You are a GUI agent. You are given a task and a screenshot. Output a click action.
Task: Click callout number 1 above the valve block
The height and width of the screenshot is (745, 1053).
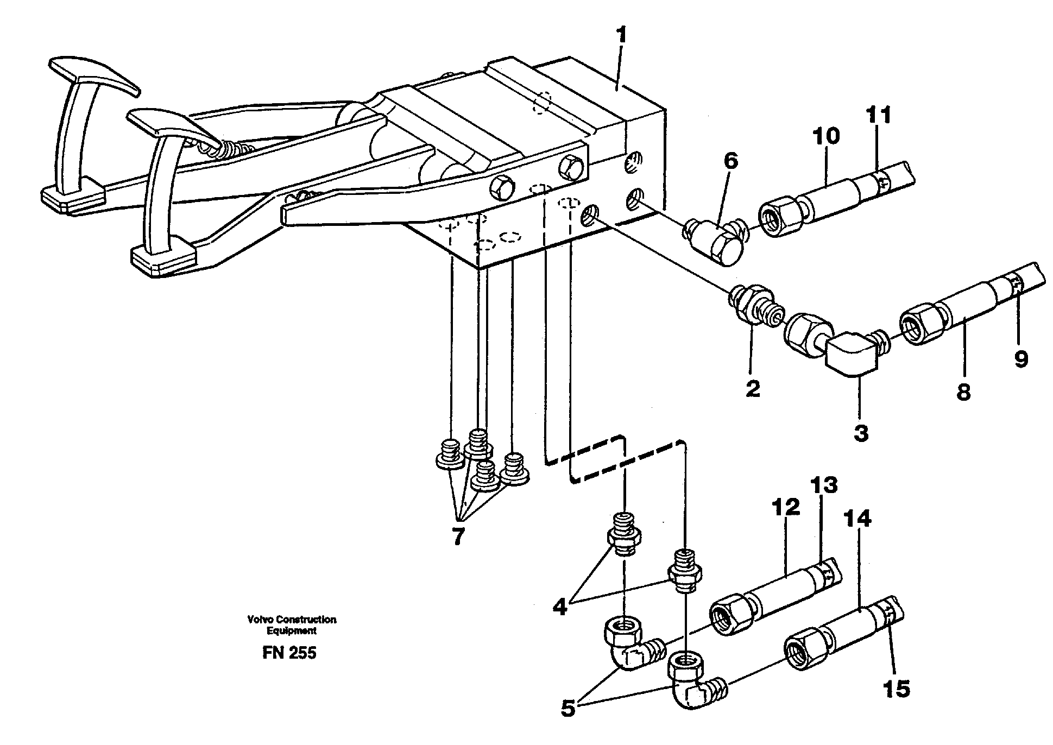(621, 37)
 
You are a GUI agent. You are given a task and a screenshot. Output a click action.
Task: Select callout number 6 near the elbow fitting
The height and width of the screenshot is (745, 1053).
(731, 162)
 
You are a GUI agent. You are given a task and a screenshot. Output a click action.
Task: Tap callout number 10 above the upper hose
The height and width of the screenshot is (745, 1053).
(825, 136)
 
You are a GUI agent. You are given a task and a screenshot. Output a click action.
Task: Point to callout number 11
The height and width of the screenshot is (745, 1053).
(878, 116)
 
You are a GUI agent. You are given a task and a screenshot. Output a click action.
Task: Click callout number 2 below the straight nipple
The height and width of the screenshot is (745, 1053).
(753, 389)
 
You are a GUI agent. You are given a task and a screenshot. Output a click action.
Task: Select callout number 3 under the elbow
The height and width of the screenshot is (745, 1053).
(861, 433)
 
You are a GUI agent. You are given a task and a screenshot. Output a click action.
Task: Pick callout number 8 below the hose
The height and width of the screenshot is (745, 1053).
(963, 392)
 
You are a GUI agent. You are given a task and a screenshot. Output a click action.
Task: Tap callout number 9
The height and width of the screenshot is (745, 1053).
(1021, 359)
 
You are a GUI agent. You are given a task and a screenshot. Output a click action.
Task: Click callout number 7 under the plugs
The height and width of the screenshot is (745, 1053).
(458, 536)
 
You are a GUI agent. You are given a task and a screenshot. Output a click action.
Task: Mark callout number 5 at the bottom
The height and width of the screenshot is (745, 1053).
(568, 709)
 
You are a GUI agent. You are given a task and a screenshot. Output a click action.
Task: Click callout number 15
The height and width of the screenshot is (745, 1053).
(896, 689)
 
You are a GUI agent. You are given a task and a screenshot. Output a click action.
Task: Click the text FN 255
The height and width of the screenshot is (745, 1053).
(289, 653)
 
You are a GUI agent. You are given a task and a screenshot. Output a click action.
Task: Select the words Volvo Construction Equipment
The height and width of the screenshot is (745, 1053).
(291, 625)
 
